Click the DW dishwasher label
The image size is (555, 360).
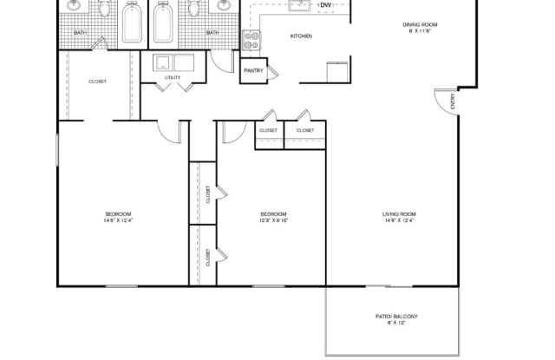coord(325,5)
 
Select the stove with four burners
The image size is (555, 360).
coord(251,39)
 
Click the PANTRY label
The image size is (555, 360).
coord(253,70)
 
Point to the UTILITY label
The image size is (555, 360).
coord(172,78)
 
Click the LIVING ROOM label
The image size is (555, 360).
coord(400,213)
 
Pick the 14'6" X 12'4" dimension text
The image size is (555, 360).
coord(400,220)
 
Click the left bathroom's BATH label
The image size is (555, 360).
coord(80,33)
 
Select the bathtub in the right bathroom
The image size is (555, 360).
coord(163,23)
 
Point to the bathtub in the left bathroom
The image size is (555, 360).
coord(133,23)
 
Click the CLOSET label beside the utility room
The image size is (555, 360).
coord(97,82)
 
